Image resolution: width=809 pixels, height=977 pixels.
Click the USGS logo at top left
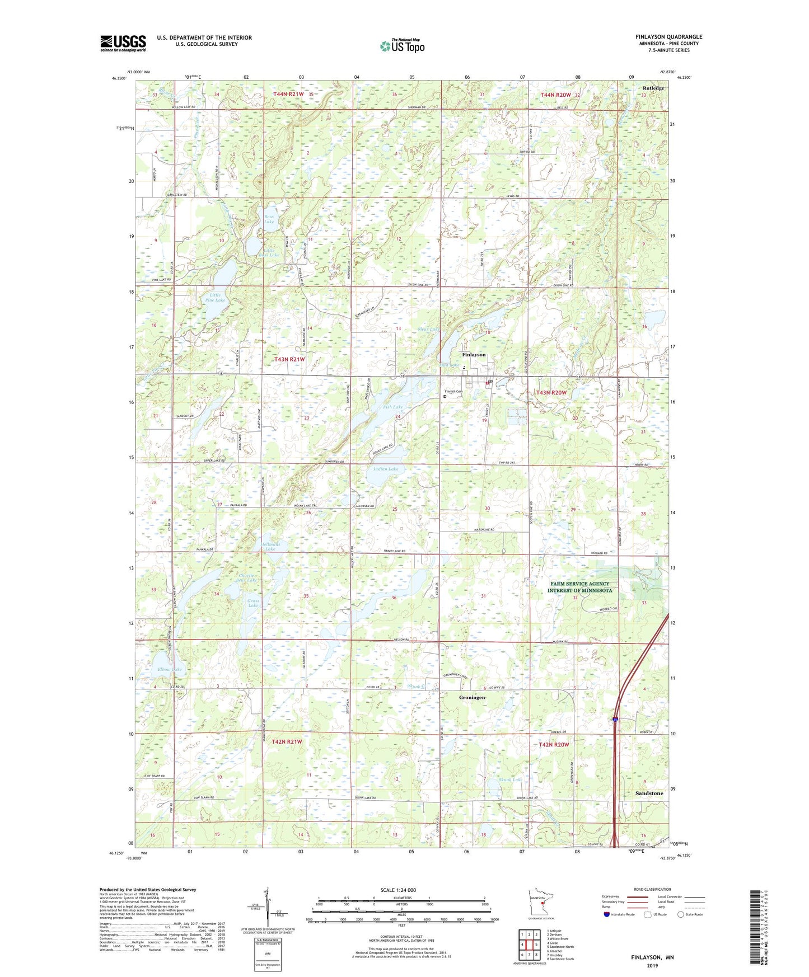click(x=123, y=43)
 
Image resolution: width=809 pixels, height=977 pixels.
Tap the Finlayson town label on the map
click(x=474, y=355)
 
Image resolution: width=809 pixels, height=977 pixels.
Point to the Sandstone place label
click(x=649, y=793)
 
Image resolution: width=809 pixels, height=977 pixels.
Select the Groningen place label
click(x=472, y=697)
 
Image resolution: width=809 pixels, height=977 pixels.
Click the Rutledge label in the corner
click(x=653, y=88)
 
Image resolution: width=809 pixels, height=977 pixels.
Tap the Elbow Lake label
click(x=170, y=669)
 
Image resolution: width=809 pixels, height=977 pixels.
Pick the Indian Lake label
click(x=386, y=469)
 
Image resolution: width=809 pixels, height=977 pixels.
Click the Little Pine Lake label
click(x=215, y=297)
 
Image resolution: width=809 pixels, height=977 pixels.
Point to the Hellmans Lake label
click(x=270, y=546)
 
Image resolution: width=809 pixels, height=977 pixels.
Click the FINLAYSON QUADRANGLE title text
click(x=668, y=37)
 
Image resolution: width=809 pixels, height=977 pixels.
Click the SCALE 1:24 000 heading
click(x=398, y=890)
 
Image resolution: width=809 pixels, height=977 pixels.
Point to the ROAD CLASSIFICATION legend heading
click(x=652, y=889)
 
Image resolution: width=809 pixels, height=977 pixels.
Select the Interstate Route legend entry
click(x=619, y=914)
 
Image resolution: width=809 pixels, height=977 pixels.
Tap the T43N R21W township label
click(x=289, y=359)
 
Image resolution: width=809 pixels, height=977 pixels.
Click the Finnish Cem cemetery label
click(x=453, y=391)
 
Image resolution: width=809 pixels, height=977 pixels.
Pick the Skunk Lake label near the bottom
click(x=510, y=779)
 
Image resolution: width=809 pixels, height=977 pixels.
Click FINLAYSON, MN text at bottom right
click(x=652, y=957)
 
